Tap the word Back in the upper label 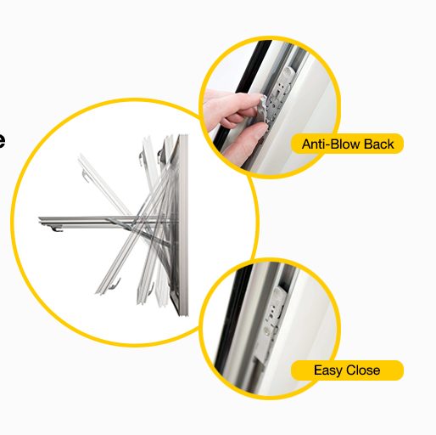coord(378,144)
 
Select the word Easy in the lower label coord(327,370)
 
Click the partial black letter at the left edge coord(3,140)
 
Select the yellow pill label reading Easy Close coord(347,370)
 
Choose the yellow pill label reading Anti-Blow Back coord(348,144)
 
